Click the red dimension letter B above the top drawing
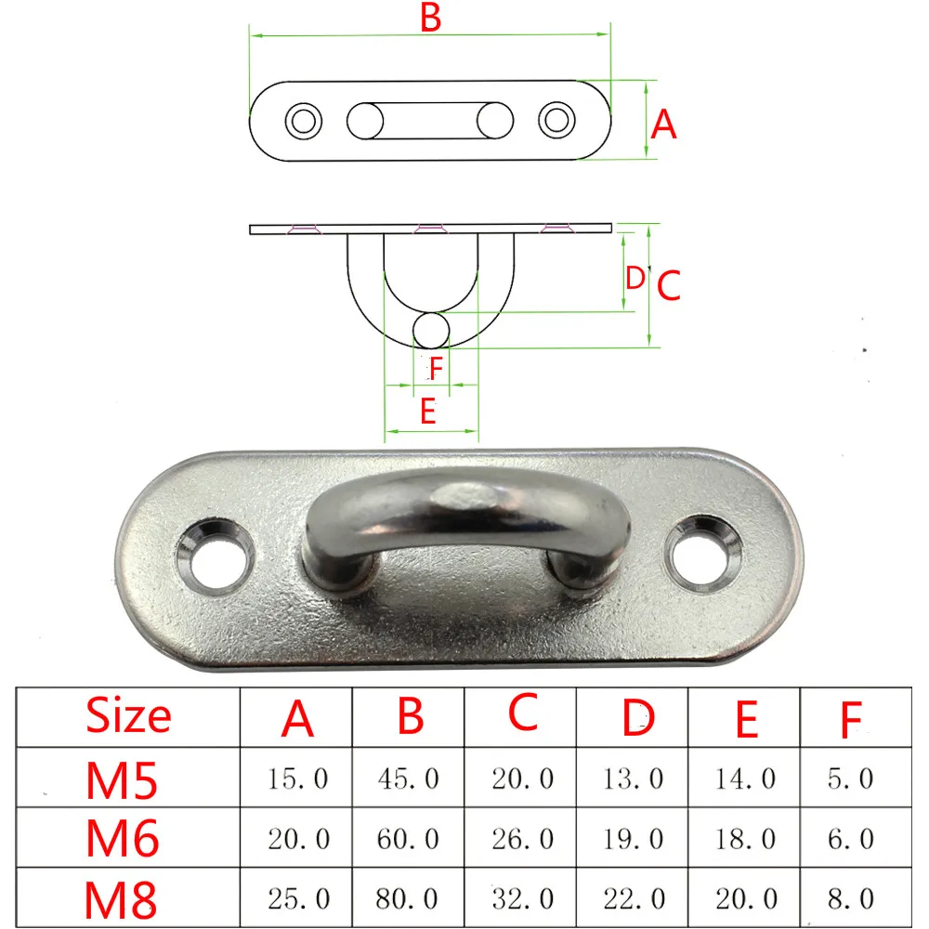[x=431, y=18]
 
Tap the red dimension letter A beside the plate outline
[x=663, y=124]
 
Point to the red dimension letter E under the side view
[x=428, y=411]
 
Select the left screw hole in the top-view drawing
[x=304, y=121]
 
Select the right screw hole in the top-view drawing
[x=556, y=120]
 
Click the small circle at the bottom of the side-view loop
[x=431, y=330]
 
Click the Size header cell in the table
[x=128, y=715]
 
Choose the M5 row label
[x=122, y=779]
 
